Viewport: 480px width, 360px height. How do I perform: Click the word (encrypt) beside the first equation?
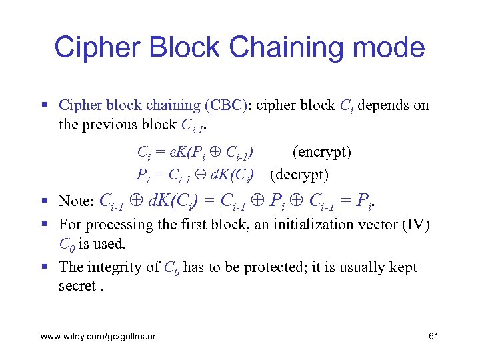[322, 152]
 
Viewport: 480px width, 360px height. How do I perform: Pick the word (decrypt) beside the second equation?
[299, 175]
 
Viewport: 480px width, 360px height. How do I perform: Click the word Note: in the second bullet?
[77, 201]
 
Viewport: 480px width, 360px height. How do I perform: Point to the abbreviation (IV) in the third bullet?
[417, 225]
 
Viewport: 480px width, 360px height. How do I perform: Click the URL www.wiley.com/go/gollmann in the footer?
[99, 337]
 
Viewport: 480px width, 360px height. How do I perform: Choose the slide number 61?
[433, 337]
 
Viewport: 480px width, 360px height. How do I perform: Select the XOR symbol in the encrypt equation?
[216, 152]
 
